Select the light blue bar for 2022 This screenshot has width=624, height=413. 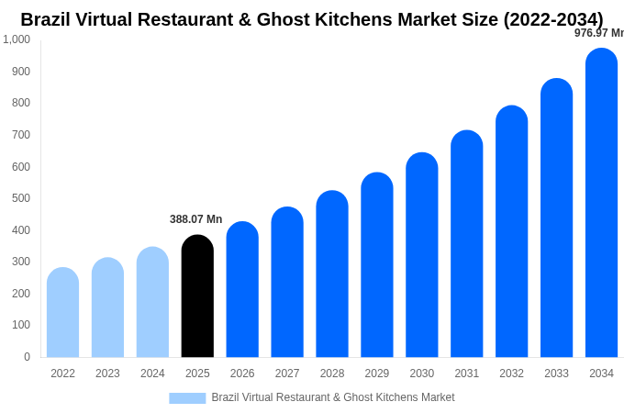pyautogui.click(x=62, y=312)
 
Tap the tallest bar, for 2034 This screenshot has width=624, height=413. pyautogui.click(x=601, y=202)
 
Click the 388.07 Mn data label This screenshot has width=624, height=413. pyautogui.click(x=195, y=219)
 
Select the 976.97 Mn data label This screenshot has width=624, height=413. pyautogui.click(x=599, y=33)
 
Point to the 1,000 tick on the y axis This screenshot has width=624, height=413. pyautogui.click(x=17, y=39)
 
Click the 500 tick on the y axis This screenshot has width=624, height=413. pyautogui.click(x=20, y=198)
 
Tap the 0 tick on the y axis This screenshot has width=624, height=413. pyautogui.click(x=27, y=357)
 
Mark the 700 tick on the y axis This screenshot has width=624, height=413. pyautogui.click(x=20, y=135)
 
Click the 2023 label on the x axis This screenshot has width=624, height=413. pyautogui.click(x=107, y=374)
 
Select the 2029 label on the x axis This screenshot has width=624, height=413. pyautogui.click(x=377, y=374)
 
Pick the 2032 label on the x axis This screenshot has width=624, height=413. pyautogui.click(x=512, y=374)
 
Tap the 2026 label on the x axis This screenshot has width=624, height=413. pyautogui.click(x=242, y=374)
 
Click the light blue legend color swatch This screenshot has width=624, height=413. pyautogui.click(x=187, y=398)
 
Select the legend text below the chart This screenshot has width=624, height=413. pyautogui.click(x=333, y=397)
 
